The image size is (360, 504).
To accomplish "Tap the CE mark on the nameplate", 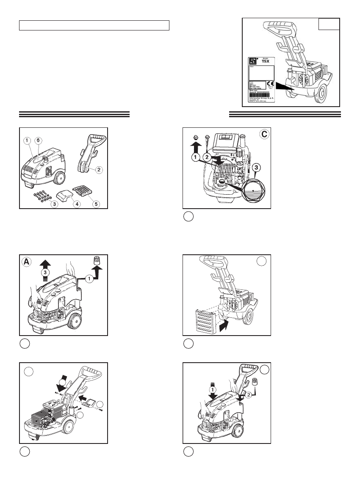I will click(x=272, y=84).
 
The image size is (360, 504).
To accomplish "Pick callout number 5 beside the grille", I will click(x=96, y=204).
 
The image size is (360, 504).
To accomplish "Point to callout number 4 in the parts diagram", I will click(x=78, y=204).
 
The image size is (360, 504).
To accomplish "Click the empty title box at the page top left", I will click(x=94, y=25).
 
